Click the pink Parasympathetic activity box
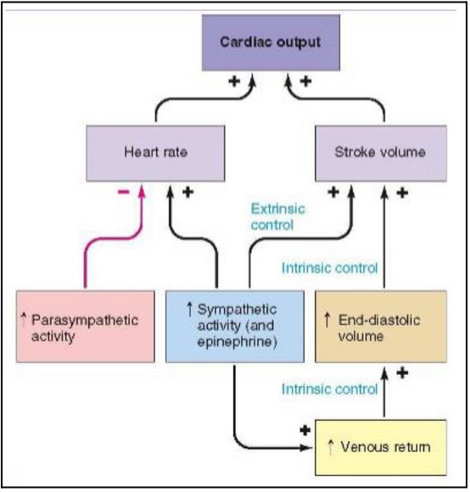click(84, 327)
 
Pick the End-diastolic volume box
click(379, 327)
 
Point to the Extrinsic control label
click(277, 216)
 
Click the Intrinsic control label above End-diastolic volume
click(329, 269)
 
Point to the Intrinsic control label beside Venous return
click(329, 389)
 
